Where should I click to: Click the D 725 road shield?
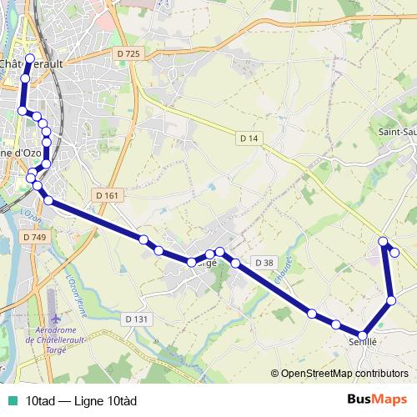coord(126,53)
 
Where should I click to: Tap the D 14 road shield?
coord(248,138)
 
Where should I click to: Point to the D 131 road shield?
coord(136,319)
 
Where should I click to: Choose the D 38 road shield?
coord(264,263)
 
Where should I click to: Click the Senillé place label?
coord(363,341)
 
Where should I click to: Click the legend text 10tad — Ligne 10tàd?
coord(81,400)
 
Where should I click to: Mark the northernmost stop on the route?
coord(30,58)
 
